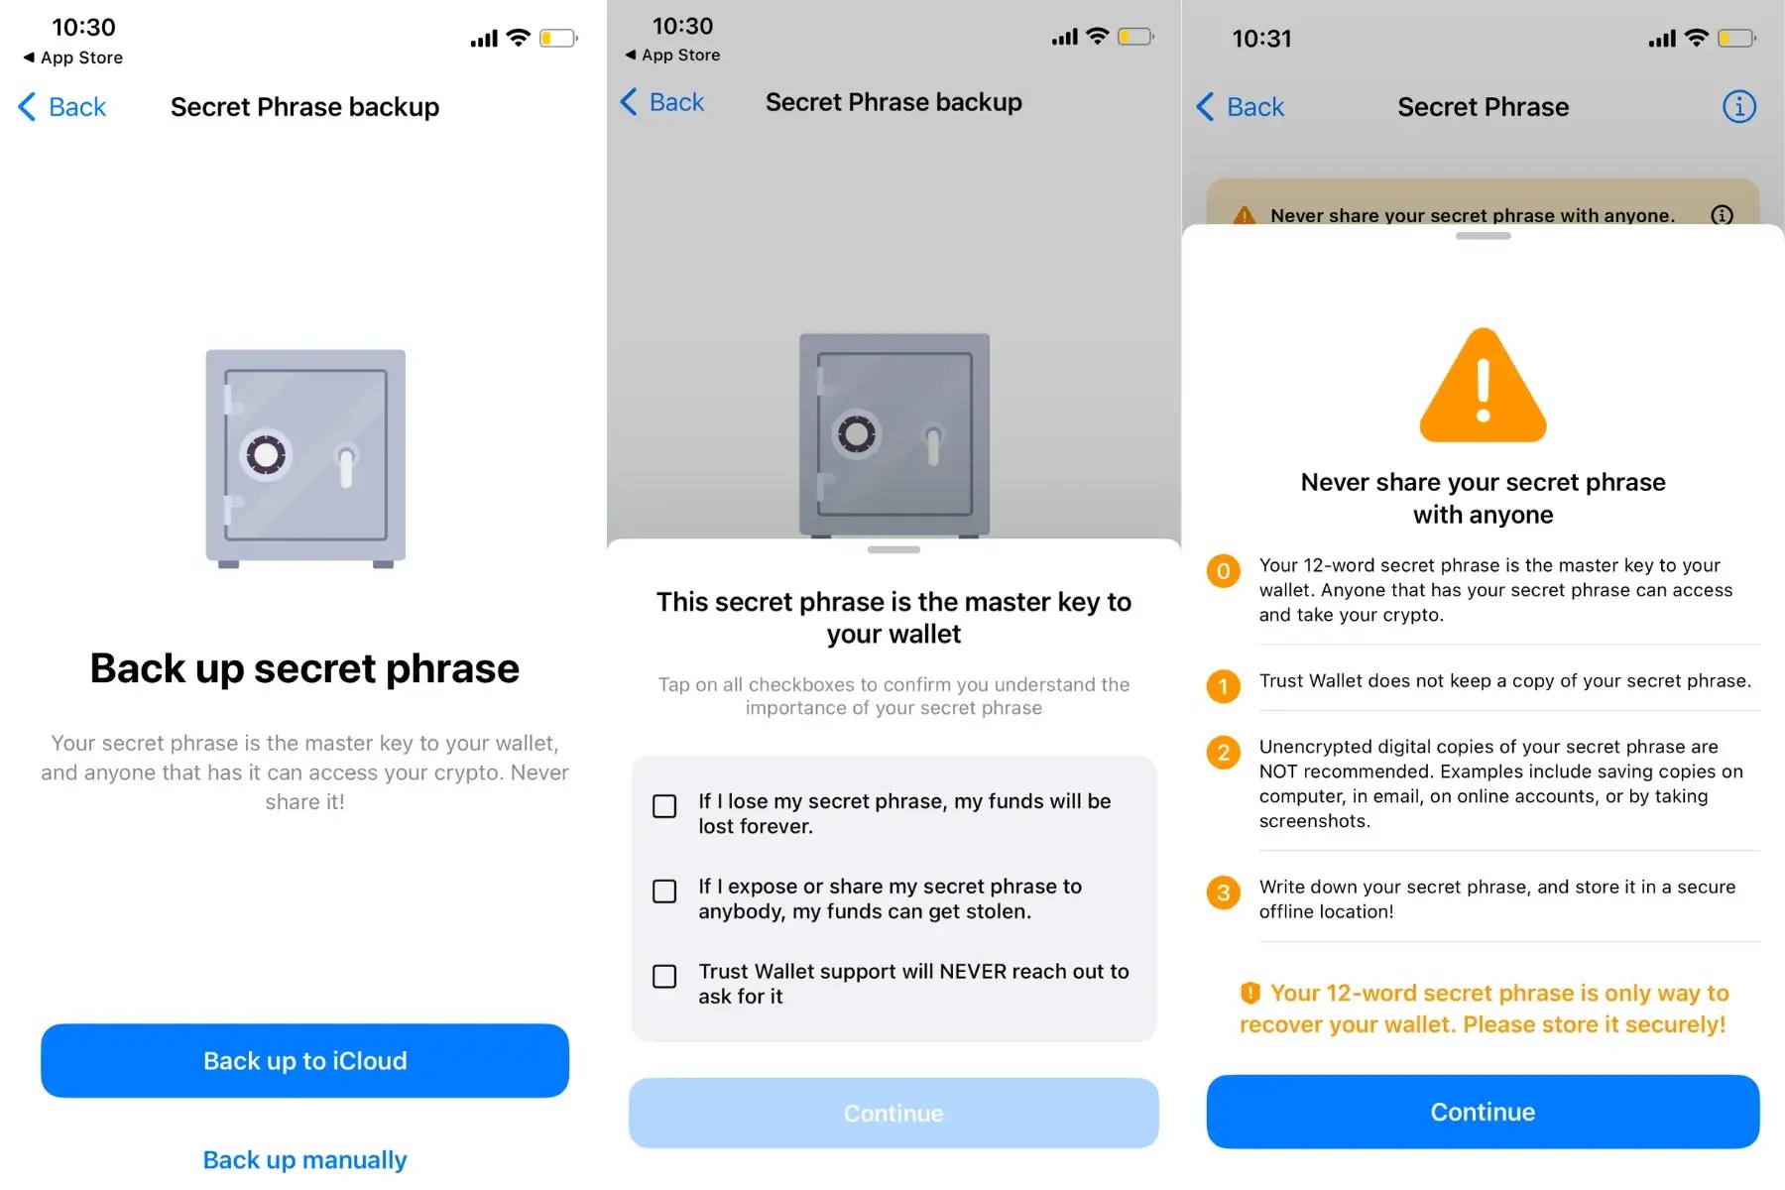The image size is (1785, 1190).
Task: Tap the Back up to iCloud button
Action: click(x=304, y=1060)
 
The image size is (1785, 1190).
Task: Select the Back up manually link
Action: click(x=304, y=1159)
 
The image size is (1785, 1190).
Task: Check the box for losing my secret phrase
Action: click(x=664, y=806)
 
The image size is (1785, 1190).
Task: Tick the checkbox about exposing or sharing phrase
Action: click(x=664, y=892)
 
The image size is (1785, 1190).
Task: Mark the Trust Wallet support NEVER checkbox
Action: click(x=664, y=977)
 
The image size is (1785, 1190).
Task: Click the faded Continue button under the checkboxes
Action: click(x=893, y=1113)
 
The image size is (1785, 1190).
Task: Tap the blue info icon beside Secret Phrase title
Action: click(x=1738, y=106)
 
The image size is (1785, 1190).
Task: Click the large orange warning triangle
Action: click(x=1483, y=385)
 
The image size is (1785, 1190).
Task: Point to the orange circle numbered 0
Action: click(x=1223, y=571)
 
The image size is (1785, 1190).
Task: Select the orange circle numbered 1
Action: click(x=1223, y=686)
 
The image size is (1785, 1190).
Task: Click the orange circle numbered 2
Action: click(x=1223, y=753)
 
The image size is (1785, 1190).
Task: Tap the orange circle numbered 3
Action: click(x=1223, y=892)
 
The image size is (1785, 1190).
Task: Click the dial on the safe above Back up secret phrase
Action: click(x=266, y=455)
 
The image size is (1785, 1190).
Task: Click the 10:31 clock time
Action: click(x=1261, y=39)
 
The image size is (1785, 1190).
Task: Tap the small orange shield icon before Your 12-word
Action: click(x=1249, y=993)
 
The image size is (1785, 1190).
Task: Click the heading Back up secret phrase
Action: click(x=304, y=668)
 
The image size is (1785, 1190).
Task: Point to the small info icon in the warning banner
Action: click(x=1722, y=215)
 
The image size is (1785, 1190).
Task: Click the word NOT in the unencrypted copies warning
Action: click(x=1278, y=772)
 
